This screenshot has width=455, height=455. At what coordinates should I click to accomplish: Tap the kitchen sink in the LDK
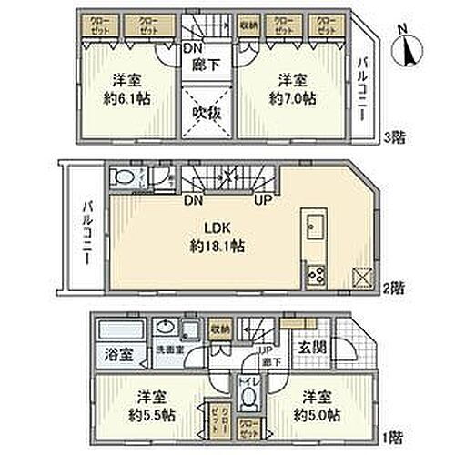point(314,227)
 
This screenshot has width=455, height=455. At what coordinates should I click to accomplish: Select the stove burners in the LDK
point(316,274)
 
